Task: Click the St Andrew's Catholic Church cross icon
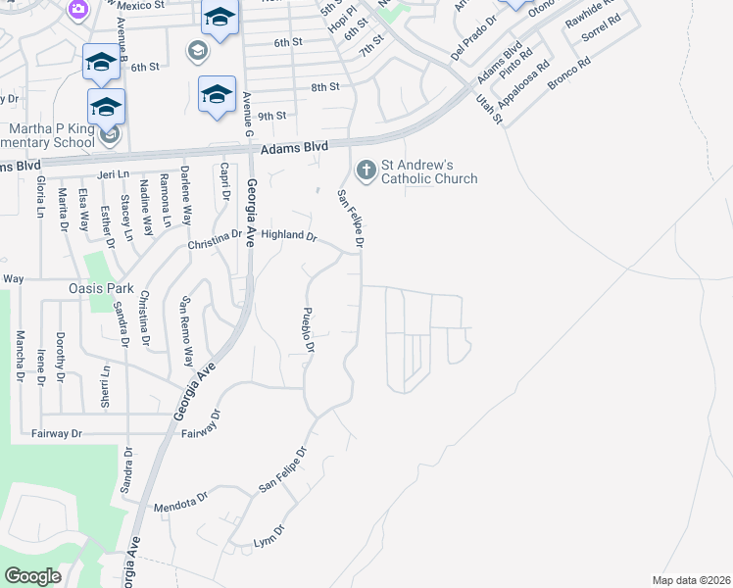[366, 171]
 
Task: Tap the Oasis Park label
[100, 289]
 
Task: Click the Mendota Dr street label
[181, 503]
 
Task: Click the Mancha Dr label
[19, 356]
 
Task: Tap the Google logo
[32, 576]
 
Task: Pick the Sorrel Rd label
[602, 33]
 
